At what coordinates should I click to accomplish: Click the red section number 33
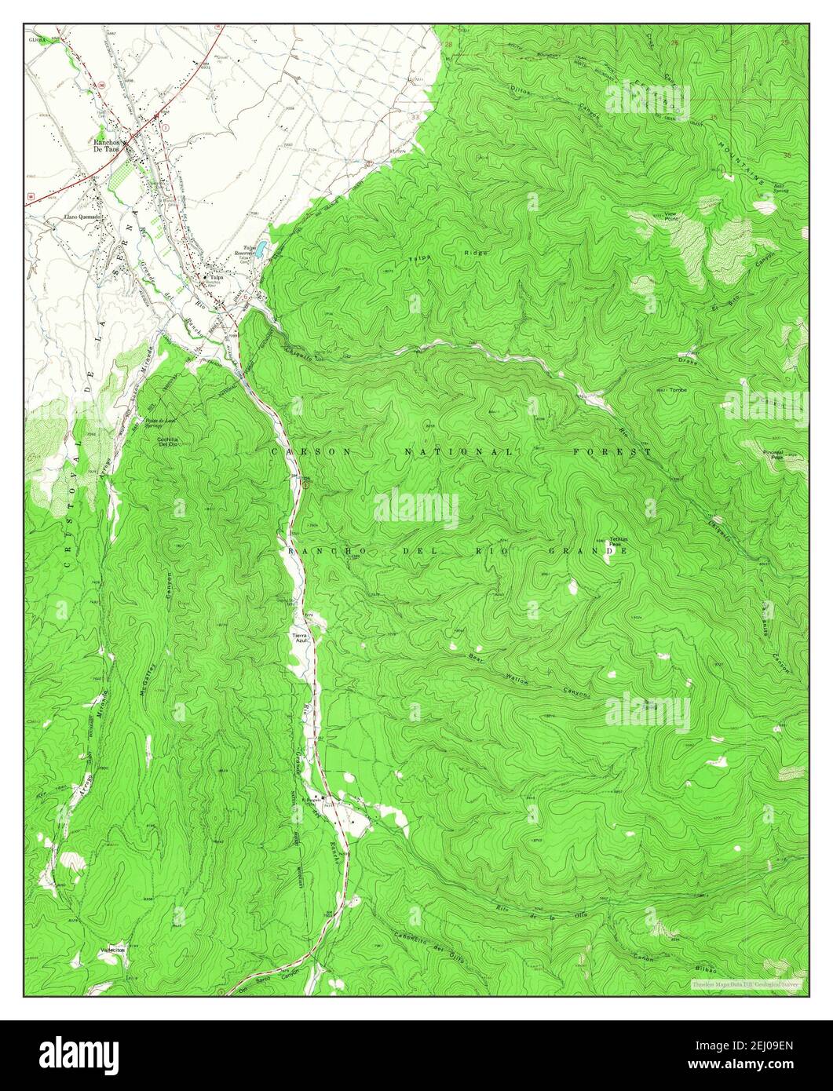coord(415,117)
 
